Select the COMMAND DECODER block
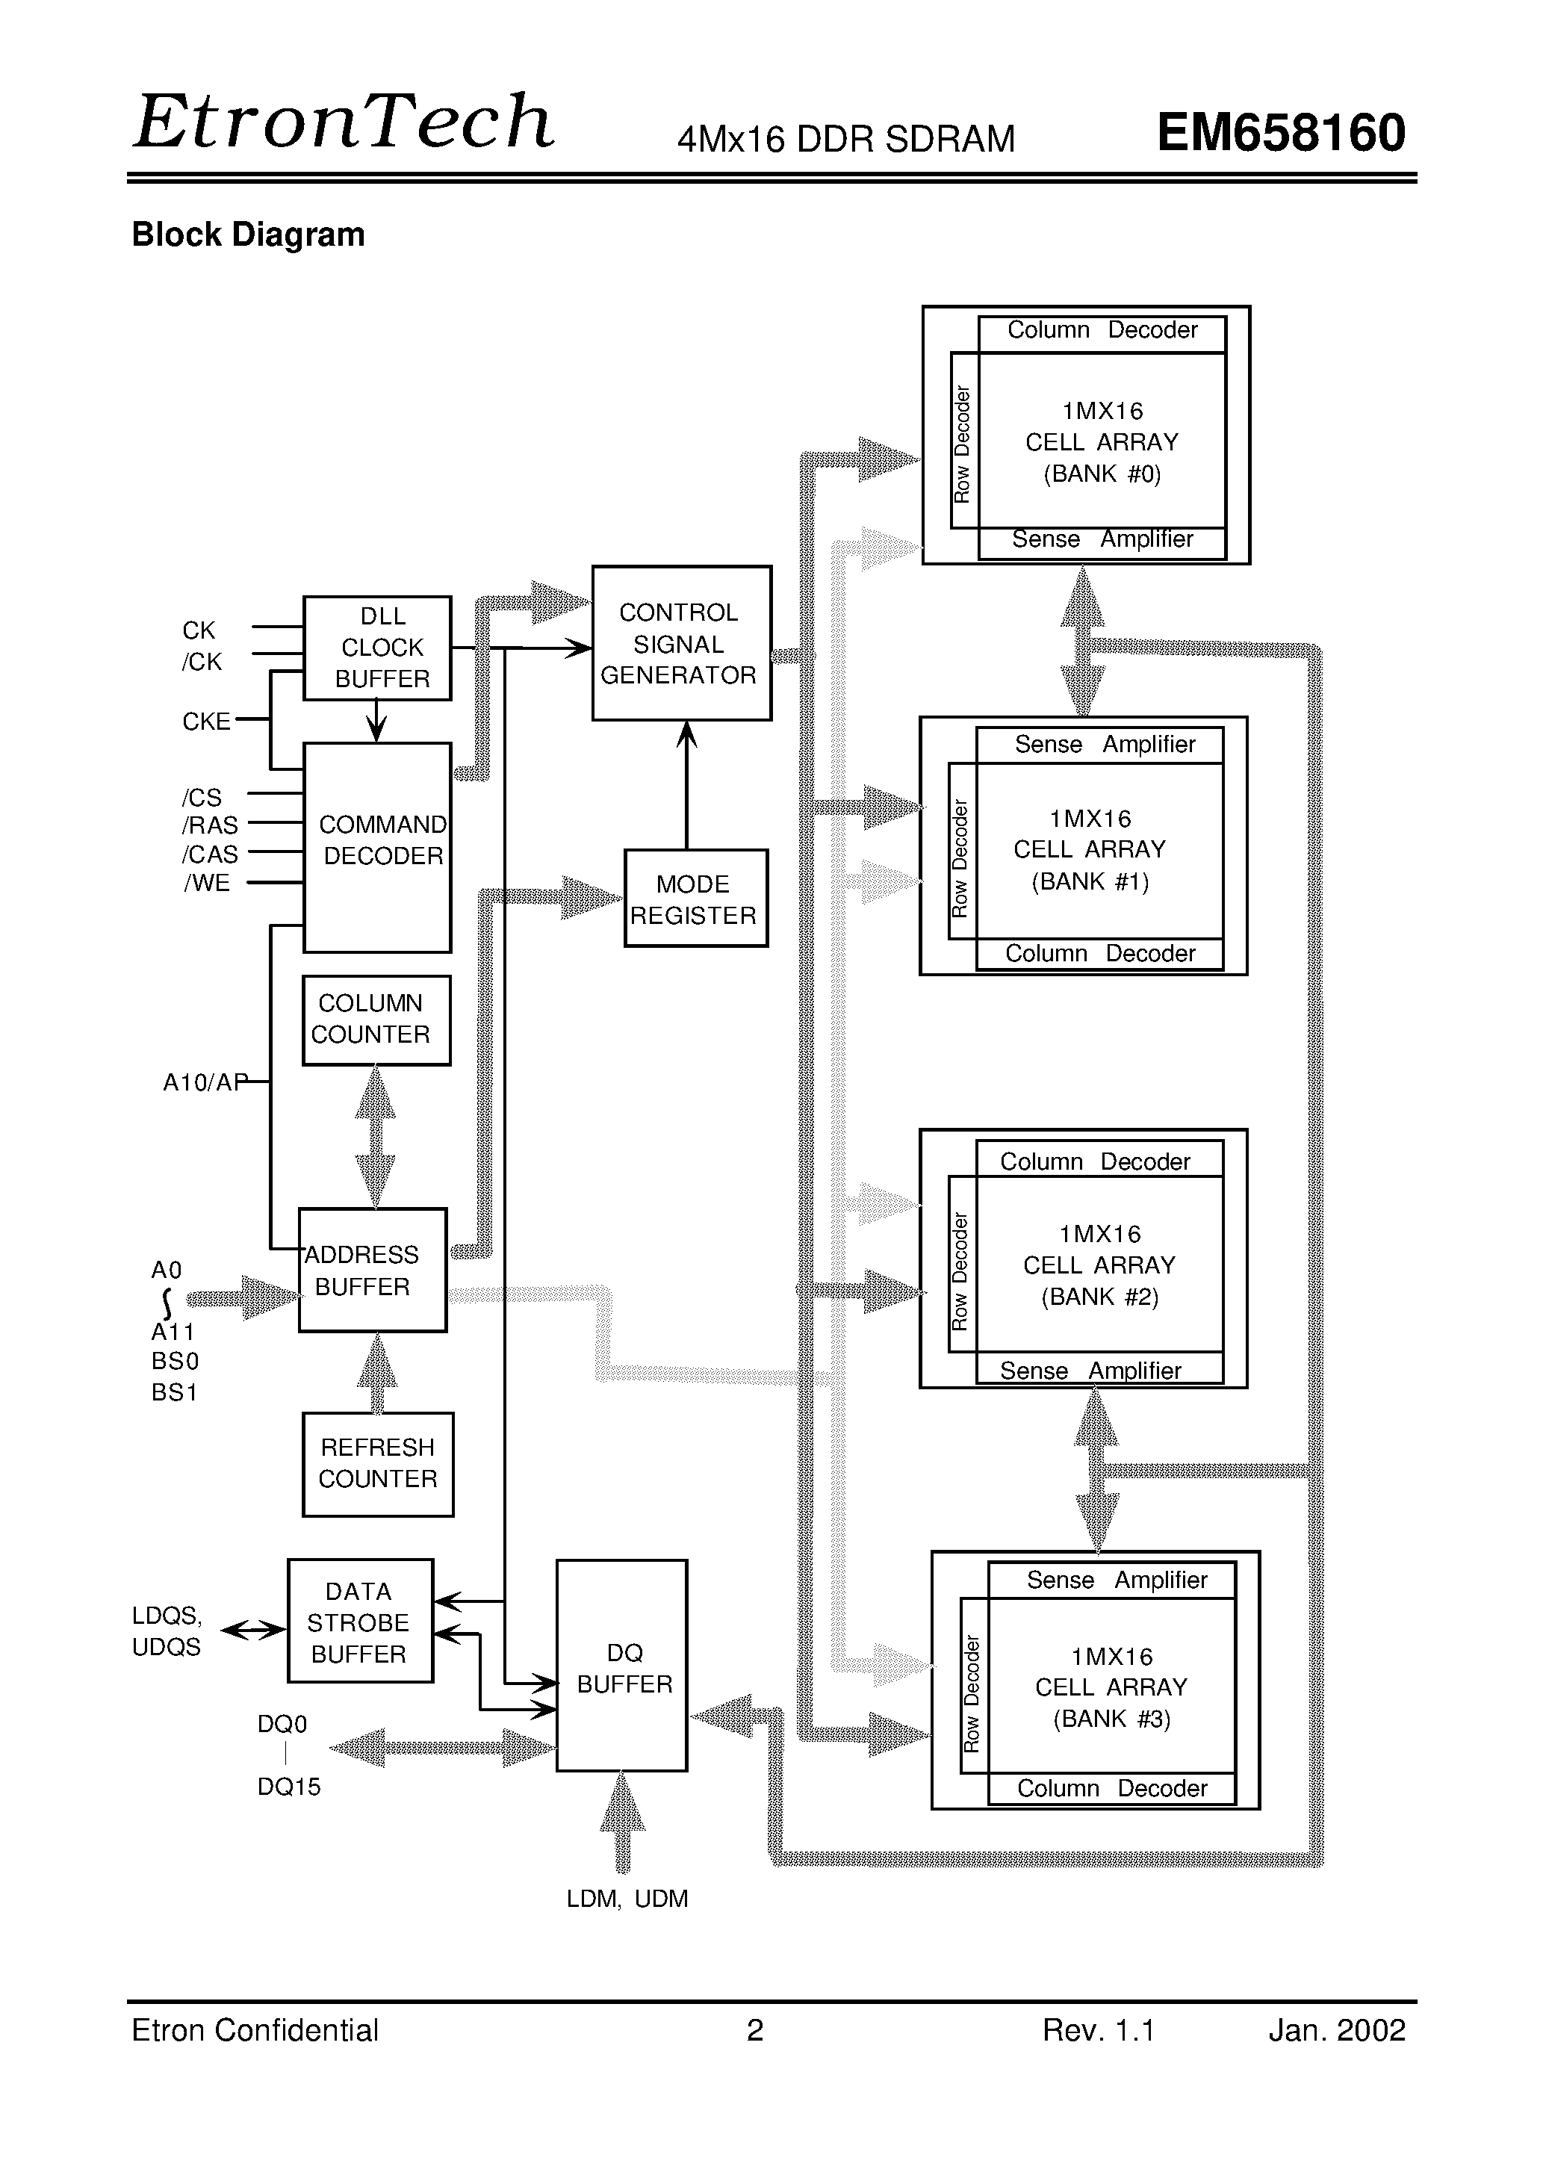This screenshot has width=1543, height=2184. click(x=376, y=846)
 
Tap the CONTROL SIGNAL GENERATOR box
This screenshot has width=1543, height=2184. click(x=681, y=643)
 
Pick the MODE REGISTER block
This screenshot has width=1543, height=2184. click(x=695, y=898)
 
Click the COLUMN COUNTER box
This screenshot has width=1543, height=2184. click(x=376, y=1020)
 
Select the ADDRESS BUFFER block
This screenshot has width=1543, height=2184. click(x=372, y=1270)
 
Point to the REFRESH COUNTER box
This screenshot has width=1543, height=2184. click(x=378, y=1463)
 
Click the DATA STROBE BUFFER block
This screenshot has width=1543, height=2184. click(x=359, y=1621)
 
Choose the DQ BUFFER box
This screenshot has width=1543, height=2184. click(x=622, y=1666)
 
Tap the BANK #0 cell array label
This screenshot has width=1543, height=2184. click(x=1102, y=442)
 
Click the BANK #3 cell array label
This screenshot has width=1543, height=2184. click(x=1111, y=1687)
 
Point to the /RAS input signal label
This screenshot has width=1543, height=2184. click(x=210, y=825)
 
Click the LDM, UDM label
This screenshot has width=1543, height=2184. click(x=627, y=1898)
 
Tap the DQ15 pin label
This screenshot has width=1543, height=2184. click(x=289, y=1787)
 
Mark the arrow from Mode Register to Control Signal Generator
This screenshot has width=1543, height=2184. click(x=687, y=785)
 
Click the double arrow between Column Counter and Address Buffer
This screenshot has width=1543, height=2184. click(x=376, y=1137)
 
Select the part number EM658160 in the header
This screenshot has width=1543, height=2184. click(x=1280, y=133)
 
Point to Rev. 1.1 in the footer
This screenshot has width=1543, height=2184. click(x=1098, y=2030)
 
